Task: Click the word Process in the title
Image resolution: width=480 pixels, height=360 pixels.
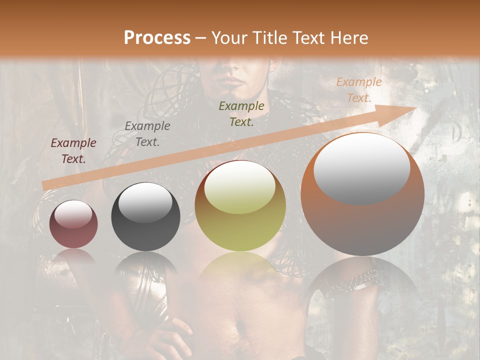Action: pyautogui.click(x=157, y=37)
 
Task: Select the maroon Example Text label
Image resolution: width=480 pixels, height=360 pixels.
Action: pyautogui.click(x=73, y=151)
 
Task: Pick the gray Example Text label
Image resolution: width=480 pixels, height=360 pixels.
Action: pyautogui.click(x=147, y=134)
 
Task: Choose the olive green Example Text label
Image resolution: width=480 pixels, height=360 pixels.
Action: pyautogui.click(x=241, y=113)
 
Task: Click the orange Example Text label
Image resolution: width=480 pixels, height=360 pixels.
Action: pyautogui.click(x=358, y=90)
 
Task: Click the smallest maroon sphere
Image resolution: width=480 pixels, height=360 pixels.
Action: pyautogui.click(x=73, y=224)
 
